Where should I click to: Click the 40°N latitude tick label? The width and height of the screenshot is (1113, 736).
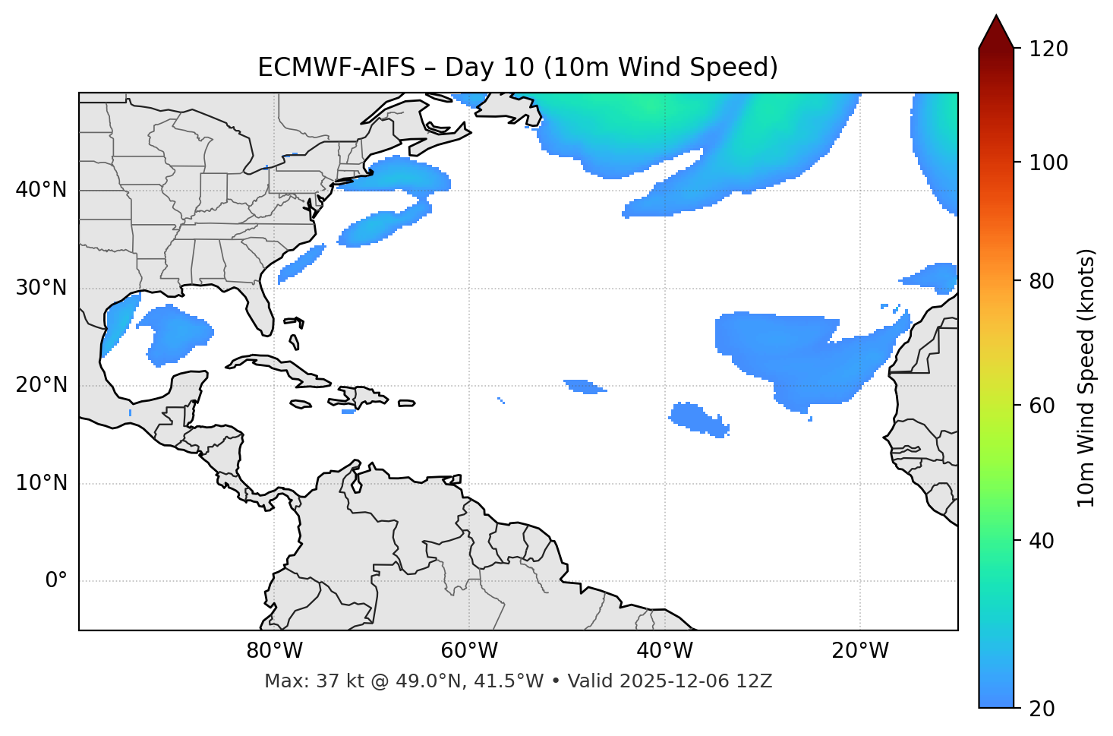pyautogui.click(x=41, y=190)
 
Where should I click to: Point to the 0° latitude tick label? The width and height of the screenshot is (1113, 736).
pyautogui.click(x=56, y=581)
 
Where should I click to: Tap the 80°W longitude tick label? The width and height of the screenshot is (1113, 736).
pyautogui.click(x=274, y=651)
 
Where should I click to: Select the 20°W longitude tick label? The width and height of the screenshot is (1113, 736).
pyautogui.click(x=860, y=651)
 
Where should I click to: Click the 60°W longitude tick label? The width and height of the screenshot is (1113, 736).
pyautogui.click(x=469, y=651)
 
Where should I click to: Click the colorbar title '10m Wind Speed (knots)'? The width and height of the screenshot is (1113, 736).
pyautogui.click(x=1086, y=377)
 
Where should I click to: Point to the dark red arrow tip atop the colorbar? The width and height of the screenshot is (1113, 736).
pyautogui.click(x=995, y=29)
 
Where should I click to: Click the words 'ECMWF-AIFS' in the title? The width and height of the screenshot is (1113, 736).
pyautogui.click(x=336, y=68)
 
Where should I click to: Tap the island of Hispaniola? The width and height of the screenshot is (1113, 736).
pyautogui.click(x=362, y=396)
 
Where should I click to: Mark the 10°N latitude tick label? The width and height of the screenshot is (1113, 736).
pyautogui.click(x=41, y=483)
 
